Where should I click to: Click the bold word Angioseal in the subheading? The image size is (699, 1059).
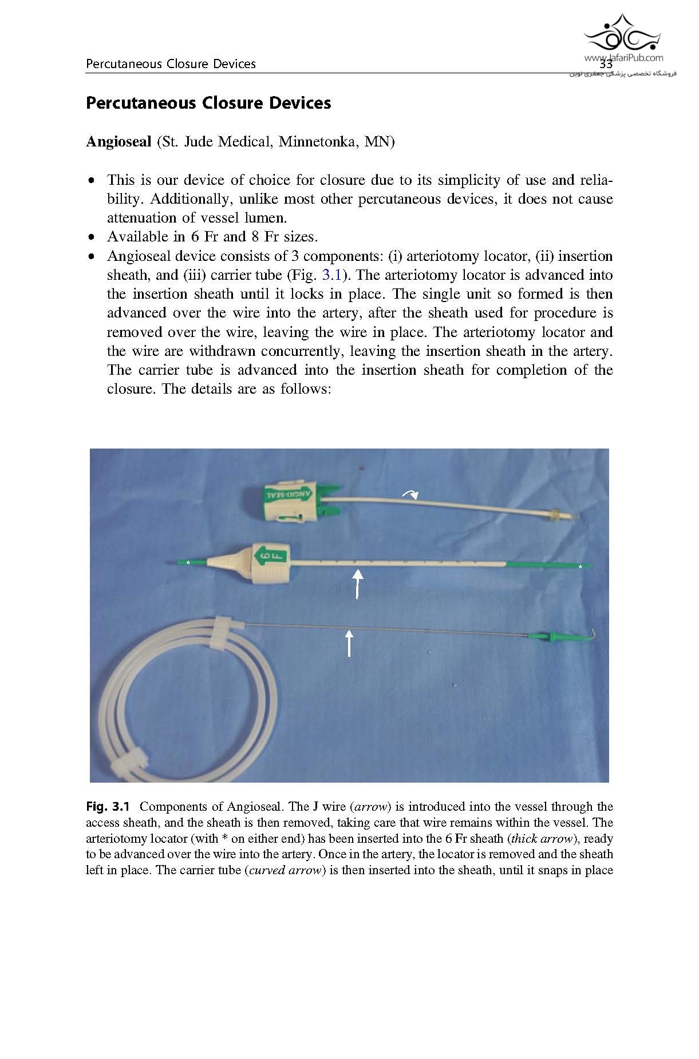(x=118, y=141)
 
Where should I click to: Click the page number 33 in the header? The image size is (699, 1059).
(x=606, y=65)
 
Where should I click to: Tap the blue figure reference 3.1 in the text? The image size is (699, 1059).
(x=332, y=275)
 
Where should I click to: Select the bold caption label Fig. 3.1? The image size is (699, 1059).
(x=108, y=807)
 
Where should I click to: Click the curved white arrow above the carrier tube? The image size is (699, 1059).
(x=410, y=495)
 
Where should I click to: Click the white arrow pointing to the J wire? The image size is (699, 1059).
(x=349, y=643)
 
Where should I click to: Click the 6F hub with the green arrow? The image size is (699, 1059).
(x=269, y=561)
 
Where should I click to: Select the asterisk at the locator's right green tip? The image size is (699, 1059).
(x=580, y=566)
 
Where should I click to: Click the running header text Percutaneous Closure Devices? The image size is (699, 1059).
(x=171, y=64)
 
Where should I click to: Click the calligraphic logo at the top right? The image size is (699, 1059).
(x=622, y=34)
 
